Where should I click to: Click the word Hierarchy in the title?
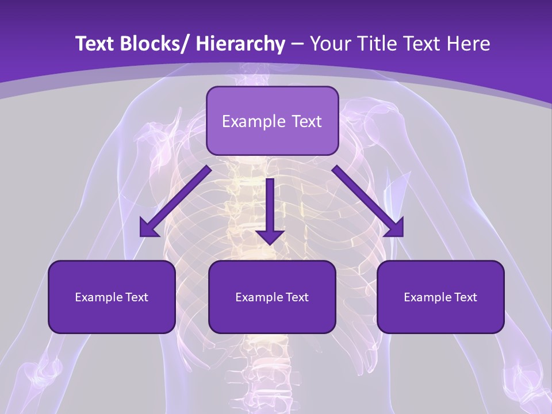240,44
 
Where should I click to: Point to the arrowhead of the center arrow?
270,237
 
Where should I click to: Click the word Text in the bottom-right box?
465,297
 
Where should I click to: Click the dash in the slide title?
297,44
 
